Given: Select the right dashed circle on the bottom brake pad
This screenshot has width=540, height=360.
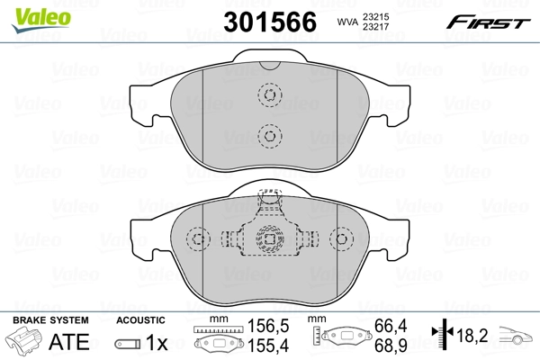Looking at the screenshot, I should (341, 238).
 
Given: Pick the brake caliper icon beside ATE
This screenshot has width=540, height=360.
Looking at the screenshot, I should (24, 344).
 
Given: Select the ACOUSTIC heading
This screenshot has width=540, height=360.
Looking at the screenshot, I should (140, 319).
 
